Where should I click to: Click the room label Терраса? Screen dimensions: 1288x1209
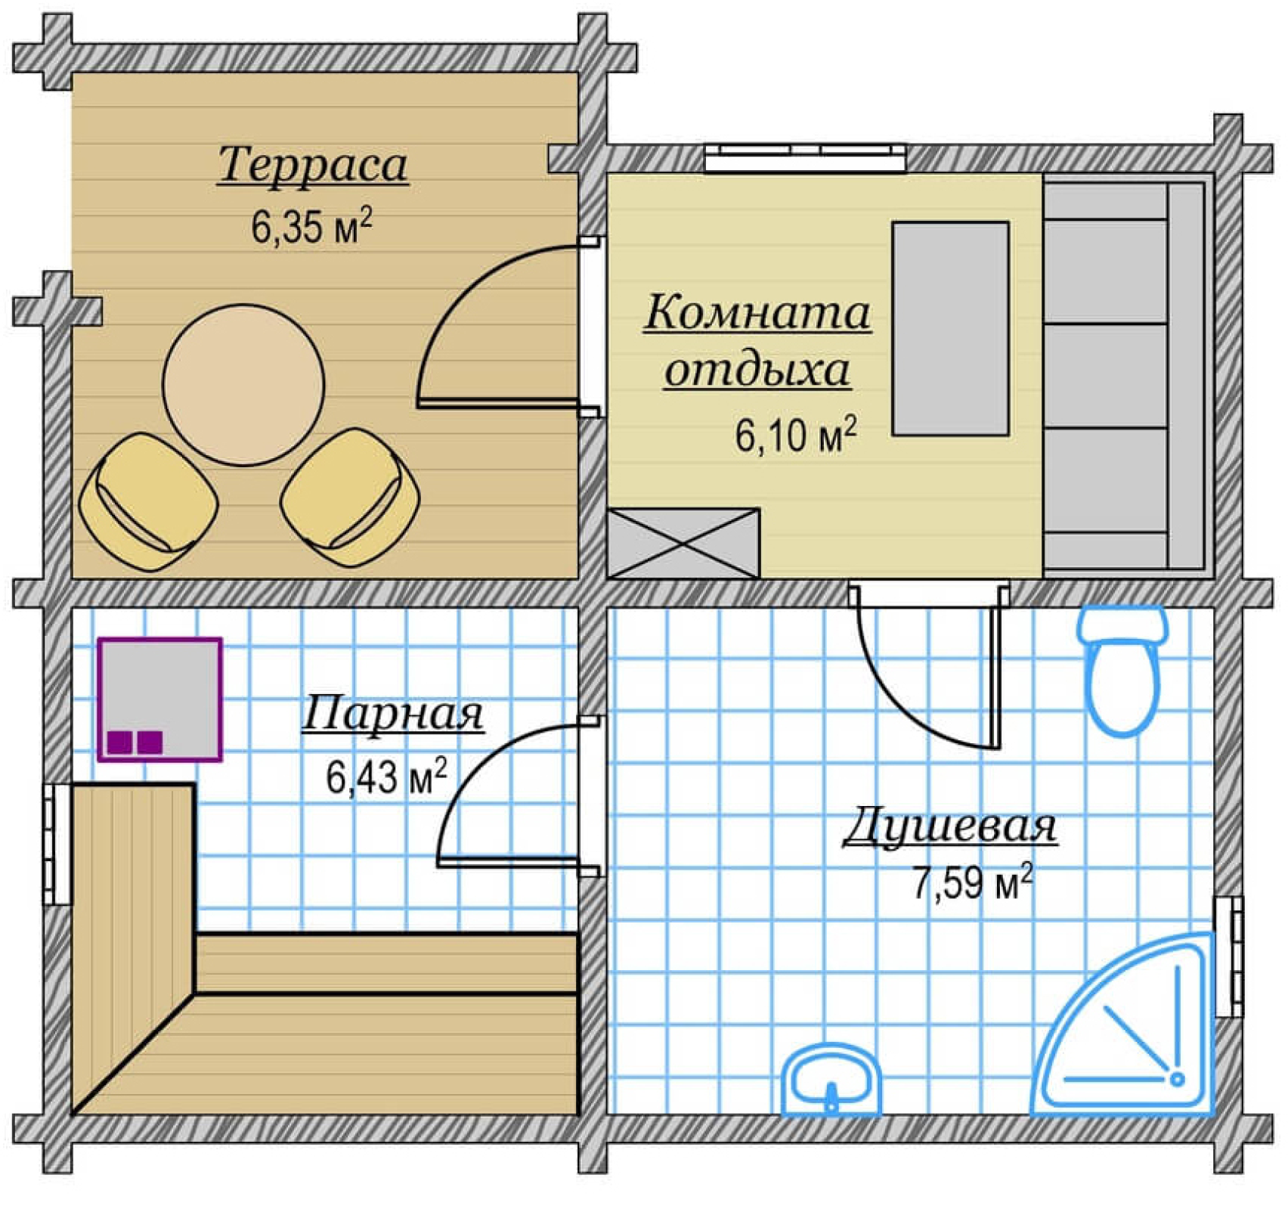(313, 165)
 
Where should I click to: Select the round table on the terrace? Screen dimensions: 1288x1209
(243, 385)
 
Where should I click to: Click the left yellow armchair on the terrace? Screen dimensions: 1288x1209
(149, 501)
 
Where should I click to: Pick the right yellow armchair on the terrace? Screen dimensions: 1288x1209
(350, 498)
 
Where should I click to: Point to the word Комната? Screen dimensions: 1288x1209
(757, 313)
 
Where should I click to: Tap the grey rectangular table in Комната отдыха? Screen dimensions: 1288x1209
(950, 328)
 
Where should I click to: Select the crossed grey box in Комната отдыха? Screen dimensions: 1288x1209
(683, 544)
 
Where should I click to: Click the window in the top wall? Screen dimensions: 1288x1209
(805, 158)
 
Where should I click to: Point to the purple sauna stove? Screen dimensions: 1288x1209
(159, 699)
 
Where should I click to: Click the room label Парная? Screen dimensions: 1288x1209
(393, 714)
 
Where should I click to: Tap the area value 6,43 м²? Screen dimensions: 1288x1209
(386, 777)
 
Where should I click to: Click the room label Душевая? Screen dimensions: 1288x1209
(950, 826)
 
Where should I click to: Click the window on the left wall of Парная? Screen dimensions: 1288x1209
(57, 844)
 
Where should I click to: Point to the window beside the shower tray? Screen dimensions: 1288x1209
(1229, 956)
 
